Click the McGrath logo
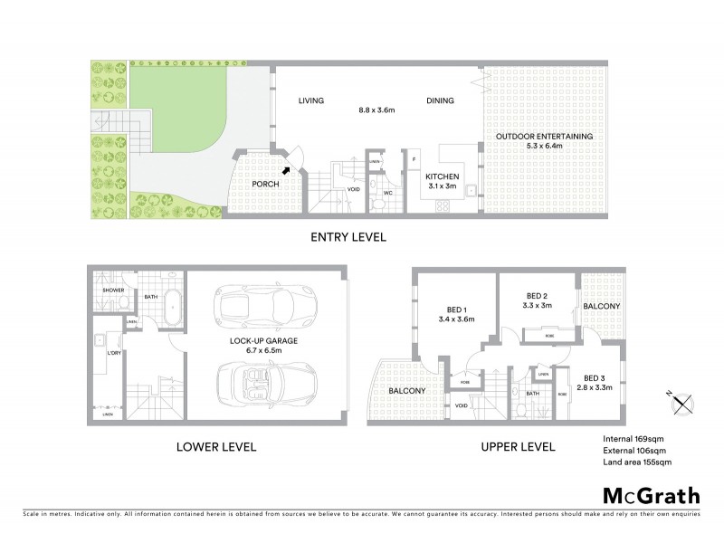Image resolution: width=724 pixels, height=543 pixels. click(x=651, y=495)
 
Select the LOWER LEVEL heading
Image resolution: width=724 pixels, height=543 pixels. click(x=216, y=447)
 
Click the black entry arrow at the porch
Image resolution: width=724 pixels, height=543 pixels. click(x=287, y=168)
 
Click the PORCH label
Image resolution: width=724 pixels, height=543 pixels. click(x=264, y=184)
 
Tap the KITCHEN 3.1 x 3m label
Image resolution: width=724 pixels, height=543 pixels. click(x=444, y=180)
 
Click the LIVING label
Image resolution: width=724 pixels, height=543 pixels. click(x=311, y=100)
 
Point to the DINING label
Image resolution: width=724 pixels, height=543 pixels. click(x=441, y=100)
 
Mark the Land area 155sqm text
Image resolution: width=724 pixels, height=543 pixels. click(x=637, y=462)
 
